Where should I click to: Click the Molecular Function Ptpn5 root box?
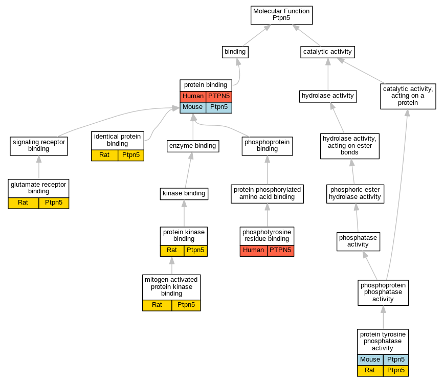[281, 15]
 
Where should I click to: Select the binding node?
[235, 52]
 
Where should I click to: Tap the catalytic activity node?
[327, 52]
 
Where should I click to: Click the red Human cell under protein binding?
[193, 96]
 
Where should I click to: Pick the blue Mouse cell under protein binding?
[193, 107]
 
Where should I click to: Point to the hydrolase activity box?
[327, 96]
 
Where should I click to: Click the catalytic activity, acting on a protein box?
[408, 96]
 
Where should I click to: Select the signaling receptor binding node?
[39, 146]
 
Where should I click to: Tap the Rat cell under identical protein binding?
[104, 155]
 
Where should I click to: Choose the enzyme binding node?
[193, 146]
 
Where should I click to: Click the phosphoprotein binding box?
[267, 146]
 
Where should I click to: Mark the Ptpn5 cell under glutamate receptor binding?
[54, 203]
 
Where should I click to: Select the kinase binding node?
[184, 194]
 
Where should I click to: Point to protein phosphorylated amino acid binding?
[267, 194]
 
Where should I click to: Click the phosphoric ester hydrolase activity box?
[355, 194]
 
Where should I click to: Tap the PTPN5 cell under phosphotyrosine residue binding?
[280, 250]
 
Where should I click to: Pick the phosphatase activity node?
[358, 241]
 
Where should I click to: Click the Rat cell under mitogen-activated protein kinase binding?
[157, 305]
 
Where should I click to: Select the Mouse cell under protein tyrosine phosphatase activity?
[370, 359]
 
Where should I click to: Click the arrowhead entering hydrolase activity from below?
[332, 106]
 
